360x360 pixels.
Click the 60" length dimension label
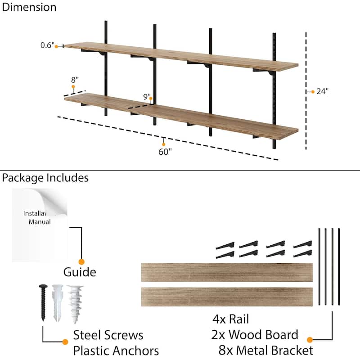165,152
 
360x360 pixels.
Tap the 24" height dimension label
322,91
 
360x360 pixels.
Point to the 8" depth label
75,80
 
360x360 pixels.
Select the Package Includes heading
45,178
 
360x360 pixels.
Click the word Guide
80,272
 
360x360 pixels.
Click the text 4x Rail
230,319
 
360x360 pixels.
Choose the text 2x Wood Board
254,335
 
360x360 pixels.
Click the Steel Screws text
108,335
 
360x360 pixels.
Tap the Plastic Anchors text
116,351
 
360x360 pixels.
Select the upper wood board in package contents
227,272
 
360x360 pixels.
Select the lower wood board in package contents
227,297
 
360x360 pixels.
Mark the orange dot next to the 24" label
313,91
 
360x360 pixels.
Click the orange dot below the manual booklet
81,261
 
